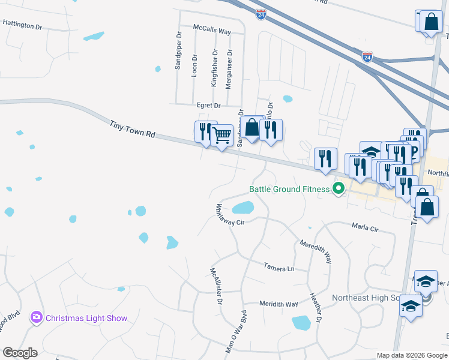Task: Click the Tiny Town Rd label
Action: [x=132, y=130]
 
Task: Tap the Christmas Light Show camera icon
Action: [x=37, y=317]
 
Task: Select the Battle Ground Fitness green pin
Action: [x=339, y=190]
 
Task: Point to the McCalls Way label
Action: [x=212, y=29]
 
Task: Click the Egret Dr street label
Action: [x=208, y=106]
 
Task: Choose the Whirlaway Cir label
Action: [x=231, y=215]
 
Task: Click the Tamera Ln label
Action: [x=279, y=266]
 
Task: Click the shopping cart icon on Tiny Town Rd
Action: [x=222, y=135]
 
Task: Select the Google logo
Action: [x=20, y=353]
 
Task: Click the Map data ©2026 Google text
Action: [x=411, y=355]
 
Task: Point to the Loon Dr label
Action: [x=194, y=65]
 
